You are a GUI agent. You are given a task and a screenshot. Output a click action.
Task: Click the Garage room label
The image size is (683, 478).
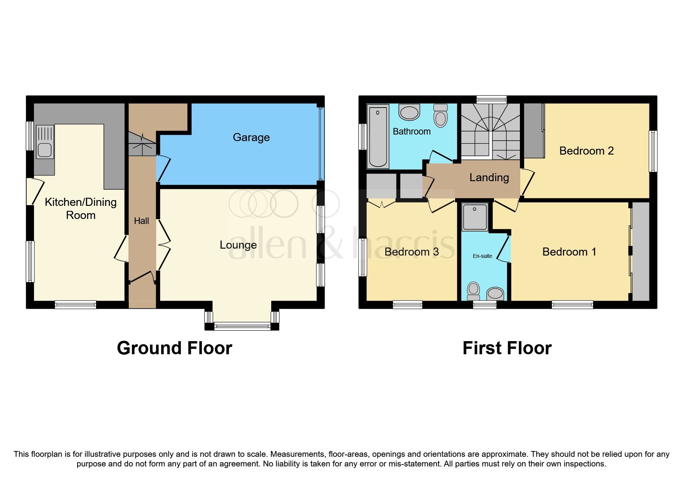tap(251, 137)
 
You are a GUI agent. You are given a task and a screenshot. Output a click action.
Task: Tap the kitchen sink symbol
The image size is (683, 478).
tap(45, 141)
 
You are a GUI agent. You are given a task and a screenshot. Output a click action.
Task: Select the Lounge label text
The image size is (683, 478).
tap(238, 245)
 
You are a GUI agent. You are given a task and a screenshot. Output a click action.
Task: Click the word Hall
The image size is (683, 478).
tap(141, 221)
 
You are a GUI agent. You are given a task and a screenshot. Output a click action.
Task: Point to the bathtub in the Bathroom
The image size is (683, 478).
tap(378, 136)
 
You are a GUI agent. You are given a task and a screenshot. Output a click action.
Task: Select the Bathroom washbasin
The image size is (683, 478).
tap(409, 112)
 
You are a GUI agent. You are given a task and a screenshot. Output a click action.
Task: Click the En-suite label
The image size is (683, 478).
tap(482, 256)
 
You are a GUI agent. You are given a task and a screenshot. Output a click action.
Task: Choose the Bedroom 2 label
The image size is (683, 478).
tap(586, 151)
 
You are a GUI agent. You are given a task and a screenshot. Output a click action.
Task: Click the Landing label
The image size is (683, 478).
tap(489, 177)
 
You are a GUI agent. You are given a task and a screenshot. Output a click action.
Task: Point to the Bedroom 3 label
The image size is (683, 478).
tap(411, 252)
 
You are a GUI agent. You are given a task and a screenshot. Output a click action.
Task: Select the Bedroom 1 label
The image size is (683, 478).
tap(569, 252)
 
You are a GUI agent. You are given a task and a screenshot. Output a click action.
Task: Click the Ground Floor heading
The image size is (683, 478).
tap(174, 348)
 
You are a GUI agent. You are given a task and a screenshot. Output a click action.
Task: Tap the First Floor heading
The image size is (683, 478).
tap(507, 348)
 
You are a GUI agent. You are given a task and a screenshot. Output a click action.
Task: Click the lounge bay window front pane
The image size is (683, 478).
tap(242, 327)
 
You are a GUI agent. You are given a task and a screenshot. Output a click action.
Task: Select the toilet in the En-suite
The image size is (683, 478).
tap(473, 291)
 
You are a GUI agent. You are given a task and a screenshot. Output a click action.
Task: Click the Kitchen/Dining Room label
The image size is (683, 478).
tap(81, 208)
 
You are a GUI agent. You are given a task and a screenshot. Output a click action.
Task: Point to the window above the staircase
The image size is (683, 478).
tap(491, 99)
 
